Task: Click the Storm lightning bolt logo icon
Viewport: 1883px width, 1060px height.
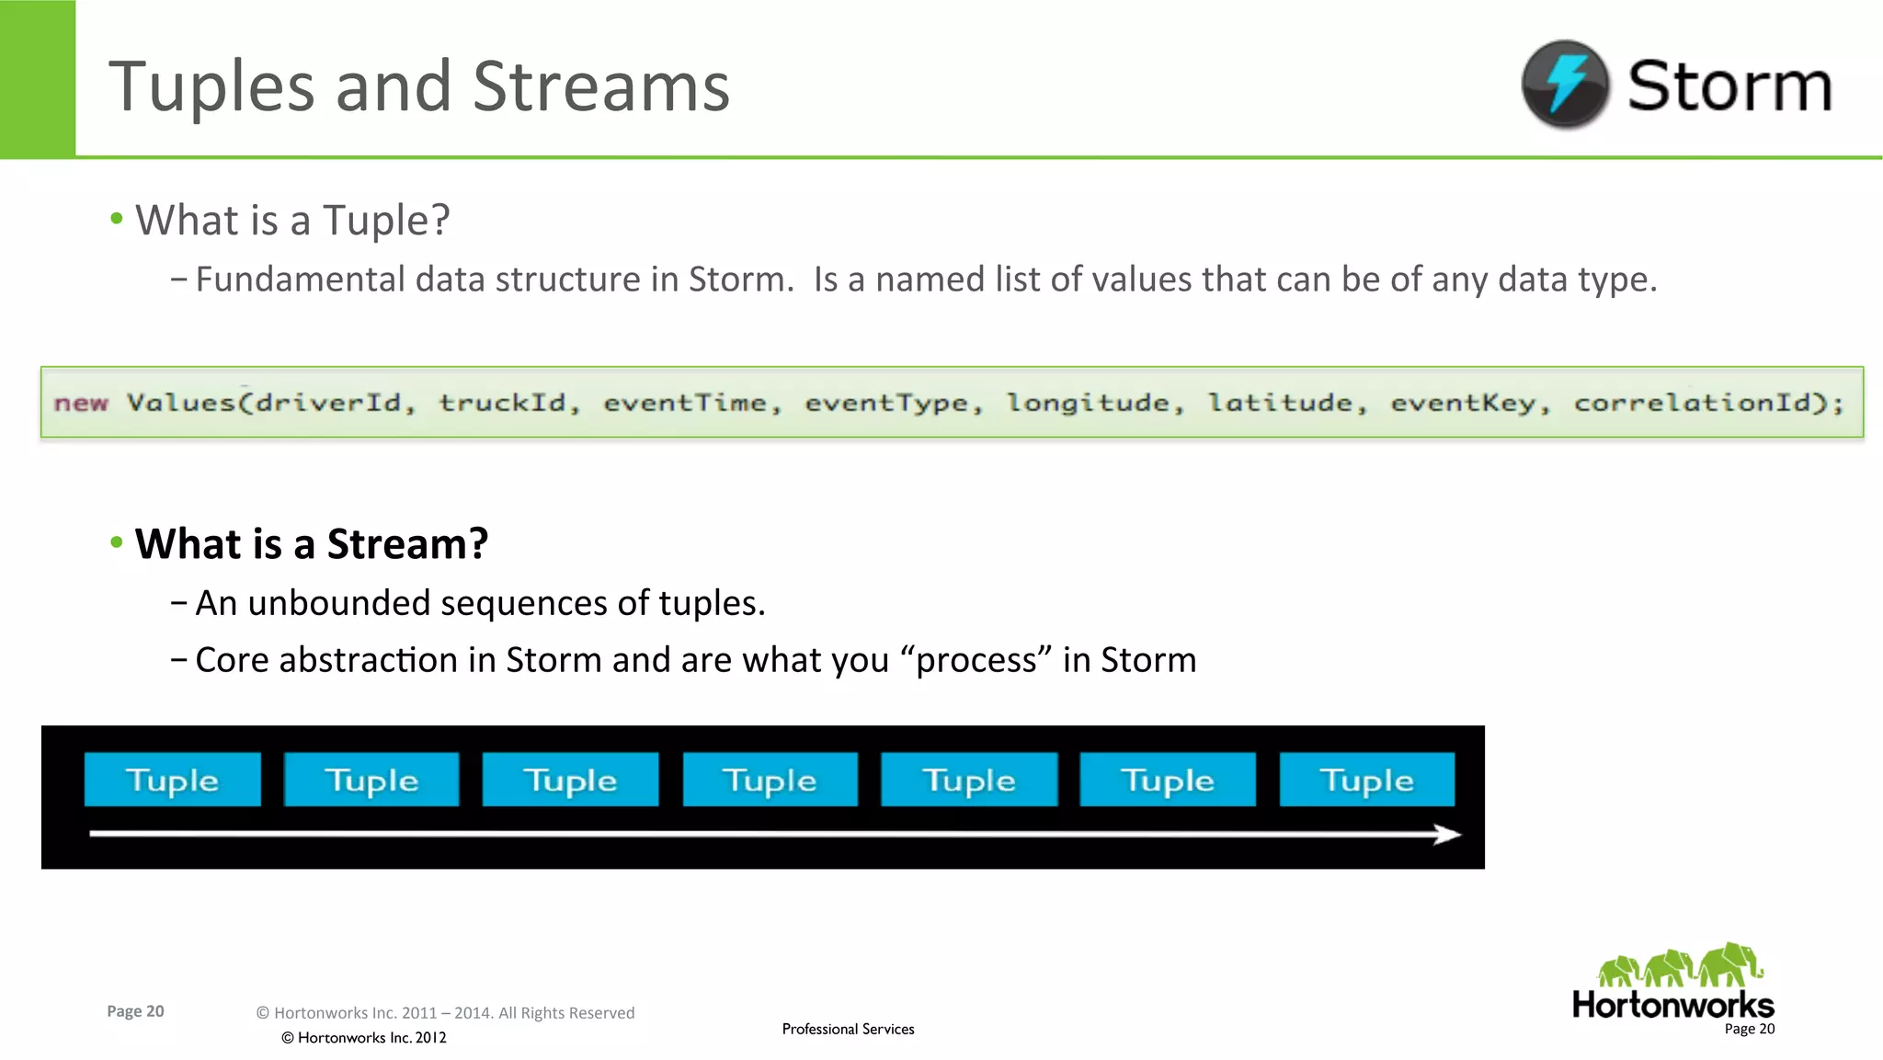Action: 1565,84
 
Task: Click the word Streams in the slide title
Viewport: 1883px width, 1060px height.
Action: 601,87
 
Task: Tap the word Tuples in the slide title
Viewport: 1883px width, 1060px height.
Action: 212,87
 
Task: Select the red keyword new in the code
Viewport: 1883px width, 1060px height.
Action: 81,403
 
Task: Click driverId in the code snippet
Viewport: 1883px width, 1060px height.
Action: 327,403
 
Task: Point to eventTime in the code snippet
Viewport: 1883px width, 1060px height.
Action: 684,403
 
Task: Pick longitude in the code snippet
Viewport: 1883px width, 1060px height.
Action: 1088,403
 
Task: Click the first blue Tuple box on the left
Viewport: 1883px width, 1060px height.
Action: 172,780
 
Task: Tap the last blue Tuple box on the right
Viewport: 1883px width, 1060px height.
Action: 1366,780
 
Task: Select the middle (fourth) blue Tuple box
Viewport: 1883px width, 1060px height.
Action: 770,780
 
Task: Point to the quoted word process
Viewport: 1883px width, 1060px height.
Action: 977,660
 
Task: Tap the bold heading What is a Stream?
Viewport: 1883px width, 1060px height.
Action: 312,543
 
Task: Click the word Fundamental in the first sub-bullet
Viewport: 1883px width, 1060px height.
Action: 300,279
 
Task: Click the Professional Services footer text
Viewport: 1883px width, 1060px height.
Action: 848,1029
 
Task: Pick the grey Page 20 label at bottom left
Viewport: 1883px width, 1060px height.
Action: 135,1011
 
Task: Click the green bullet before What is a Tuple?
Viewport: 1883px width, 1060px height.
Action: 116,219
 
